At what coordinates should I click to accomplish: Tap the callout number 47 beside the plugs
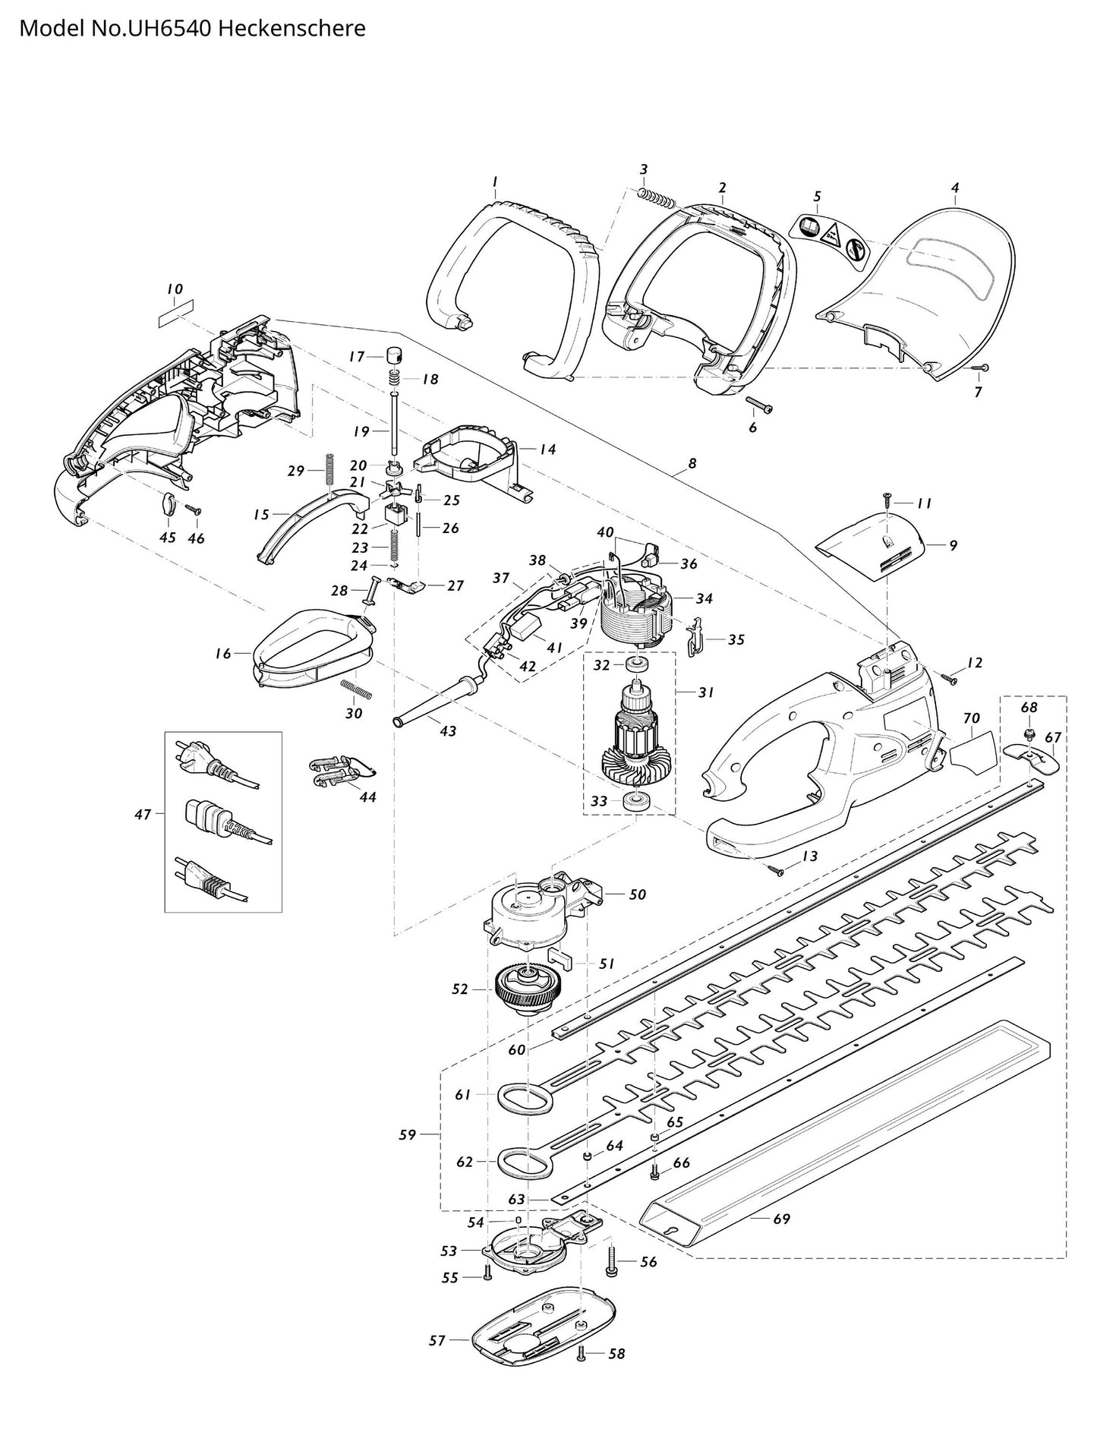[x=143, y=815]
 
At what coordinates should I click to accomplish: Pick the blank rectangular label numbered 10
[x=175, y=313]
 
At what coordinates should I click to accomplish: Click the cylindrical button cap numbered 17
[x=395, y=355]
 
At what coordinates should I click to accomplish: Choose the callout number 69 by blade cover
[x=781, y=1219]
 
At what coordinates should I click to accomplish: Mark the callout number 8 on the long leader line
[x=692, y=463]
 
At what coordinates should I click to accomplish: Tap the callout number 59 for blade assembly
[x=408, y=1135]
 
